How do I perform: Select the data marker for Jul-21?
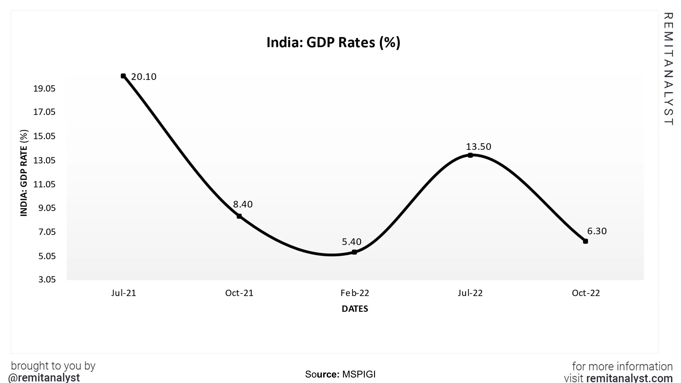[x=123, y=76]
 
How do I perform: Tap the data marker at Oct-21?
[x=239, y=216]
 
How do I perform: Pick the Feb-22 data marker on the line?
[x=355, y=252]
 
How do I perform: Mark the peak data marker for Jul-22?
[x=470, y=155]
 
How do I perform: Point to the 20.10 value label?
[x=143, y=77]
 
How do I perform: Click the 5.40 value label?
[x=351, y=242]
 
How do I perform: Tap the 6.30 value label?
[x=597, y=231]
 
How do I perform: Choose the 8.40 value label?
[x=243, y=204]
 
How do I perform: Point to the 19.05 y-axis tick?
[x=44, y=88]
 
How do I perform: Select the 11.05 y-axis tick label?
[x=44, y=184]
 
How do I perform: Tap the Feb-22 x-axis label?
[x=355, y=293]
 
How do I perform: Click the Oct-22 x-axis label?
[x=586, y=293]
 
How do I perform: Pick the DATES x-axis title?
[x=355, y=309]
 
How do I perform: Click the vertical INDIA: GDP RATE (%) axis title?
[x=24, y=173]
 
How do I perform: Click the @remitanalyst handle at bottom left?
[x=44, y=378]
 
